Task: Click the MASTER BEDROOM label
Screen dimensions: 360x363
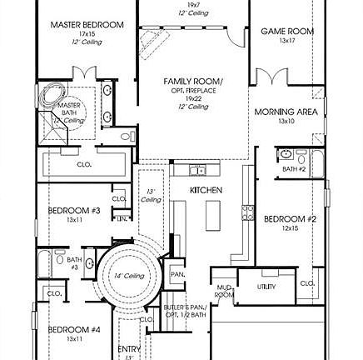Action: click(x=87, y=25)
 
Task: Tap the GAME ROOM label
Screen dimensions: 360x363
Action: click(x=287, y=31)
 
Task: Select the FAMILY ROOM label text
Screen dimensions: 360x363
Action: click(x=193, y=81)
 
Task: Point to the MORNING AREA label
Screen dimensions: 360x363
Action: click(x=286, y=112)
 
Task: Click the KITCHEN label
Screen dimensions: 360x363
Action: click(x=206, y=190)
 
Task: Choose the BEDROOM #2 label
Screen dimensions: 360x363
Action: click(x=290, y=219)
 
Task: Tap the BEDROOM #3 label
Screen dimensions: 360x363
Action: click(x=73, y=211)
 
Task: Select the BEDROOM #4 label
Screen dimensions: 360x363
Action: click(x=73, y=330)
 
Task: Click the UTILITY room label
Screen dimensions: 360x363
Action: click(x=266, y=286)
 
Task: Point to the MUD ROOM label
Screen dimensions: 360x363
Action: click(x=224, y=291)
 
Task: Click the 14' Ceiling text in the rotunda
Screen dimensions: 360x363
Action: click(x=129, y=275)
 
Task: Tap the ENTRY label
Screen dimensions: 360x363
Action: click(x=129, y=348)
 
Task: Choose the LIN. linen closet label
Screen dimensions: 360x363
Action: click(x=122, y=218)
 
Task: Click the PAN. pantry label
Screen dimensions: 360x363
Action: click(x=177, y=273)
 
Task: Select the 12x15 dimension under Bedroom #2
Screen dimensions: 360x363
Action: click(x=290, y=227)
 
